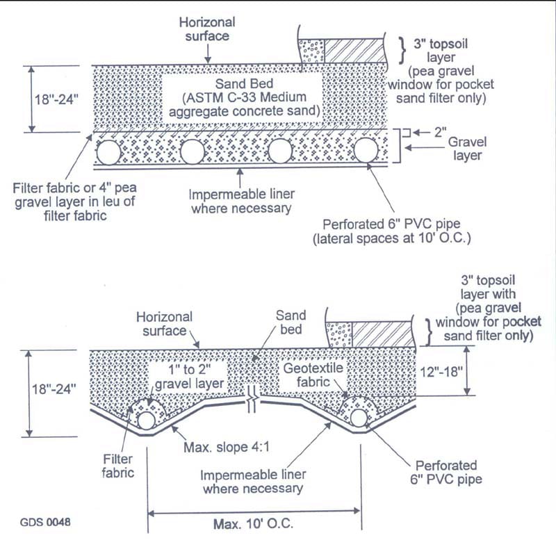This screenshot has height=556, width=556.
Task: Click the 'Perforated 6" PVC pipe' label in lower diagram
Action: coord(445,473)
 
